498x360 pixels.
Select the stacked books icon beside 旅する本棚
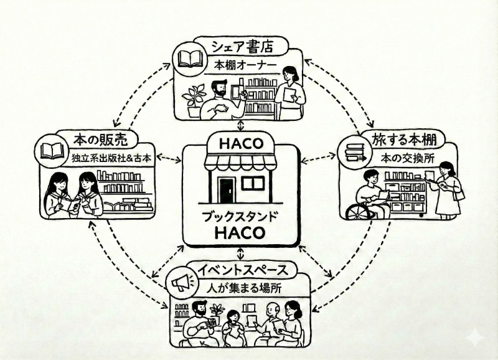[x=355, y=152]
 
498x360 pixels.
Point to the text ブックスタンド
[x=241, y=217]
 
